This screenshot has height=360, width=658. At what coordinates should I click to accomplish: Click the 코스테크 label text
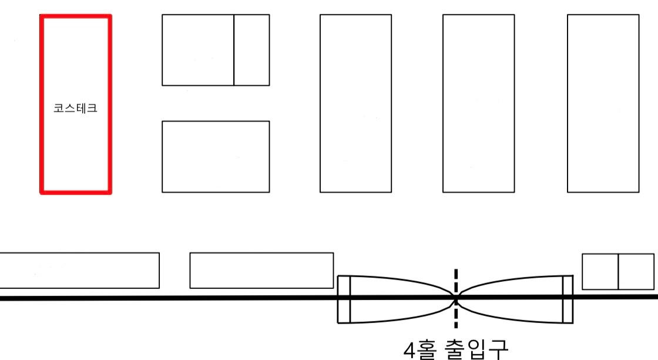(75, 109)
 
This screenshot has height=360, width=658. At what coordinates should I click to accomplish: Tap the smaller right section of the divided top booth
(251, 50)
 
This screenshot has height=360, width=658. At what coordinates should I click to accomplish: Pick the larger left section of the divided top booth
(197, 50)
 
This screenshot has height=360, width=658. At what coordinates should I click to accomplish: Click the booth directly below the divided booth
(216, 156)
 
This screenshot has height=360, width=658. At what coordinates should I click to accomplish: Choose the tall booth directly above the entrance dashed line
(478, 103)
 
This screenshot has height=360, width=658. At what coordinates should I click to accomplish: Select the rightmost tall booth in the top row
(603, 103)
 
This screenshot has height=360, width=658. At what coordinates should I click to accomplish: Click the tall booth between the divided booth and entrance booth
(355, 103)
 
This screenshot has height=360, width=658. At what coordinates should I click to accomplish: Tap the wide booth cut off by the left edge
(79, 270)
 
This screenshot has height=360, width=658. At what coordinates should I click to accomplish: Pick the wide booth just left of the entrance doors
(261, 270)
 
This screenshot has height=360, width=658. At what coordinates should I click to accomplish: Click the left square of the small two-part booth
(600, 271)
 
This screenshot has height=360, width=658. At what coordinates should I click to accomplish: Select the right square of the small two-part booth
(636, 271)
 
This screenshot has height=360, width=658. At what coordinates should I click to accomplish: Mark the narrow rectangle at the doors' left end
(344, 300)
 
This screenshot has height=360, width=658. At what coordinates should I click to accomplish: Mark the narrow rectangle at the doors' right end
(568, 300)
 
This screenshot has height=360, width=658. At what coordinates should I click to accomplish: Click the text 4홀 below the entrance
(418, 350)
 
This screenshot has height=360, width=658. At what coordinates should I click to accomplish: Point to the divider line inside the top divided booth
(234, 50)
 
